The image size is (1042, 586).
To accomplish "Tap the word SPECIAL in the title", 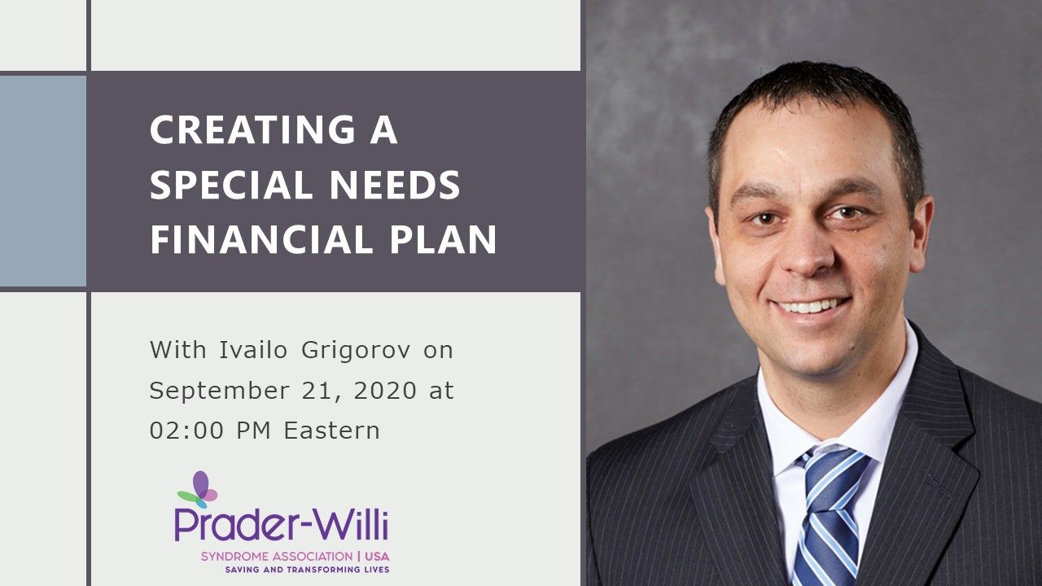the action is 231,185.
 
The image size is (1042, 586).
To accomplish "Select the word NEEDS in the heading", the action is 395,185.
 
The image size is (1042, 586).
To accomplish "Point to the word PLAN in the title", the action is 444,239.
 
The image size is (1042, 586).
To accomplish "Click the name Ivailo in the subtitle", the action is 253,350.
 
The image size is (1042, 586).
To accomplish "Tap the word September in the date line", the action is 220,391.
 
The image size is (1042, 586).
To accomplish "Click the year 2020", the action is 385,390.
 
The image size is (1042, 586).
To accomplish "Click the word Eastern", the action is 332,431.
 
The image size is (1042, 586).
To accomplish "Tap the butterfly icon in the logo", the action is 198,489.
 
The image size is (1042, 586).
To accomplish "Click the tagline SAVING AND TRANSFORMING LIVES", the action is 307,570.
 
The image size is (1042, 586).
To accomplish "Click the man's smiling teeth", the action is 810,307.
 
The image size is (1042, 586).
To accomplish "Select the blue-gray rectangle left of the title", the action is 43,181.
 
